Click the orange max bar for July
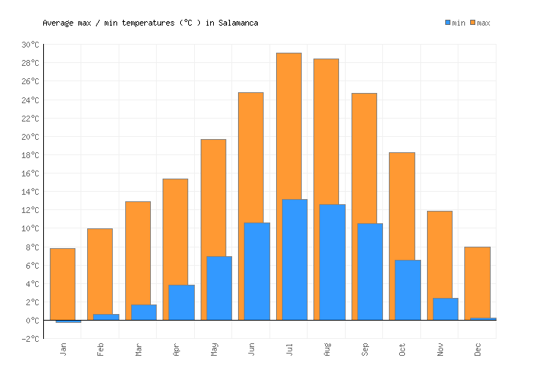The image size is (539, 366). click(x=288, y=124)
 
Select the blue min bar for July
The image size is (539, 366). click(x=294, y=260)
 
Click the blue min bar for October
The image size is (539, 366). click(x=407, y=290)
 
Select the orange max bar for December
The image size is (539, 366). click(x=477, y=282)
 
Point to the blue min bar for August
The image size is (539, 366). click(x=332, y=262)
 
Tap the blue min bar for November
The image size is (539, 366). click(x=445, y=309)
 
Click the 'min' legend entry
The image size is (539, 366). click(x=455, y=23)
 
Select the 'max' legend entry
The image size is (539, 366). click(x=480, y=23)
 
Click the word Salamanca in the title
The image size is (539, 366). click(x=238, y=23)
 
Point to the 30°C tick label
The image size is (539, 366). click(x=30, y=45)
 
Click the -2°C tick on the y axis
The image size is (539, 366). click(x=30, y=339)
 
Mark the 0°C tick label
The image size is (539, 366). click(x=32, y=321)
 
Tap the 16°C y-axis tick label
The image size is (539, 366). click(x=30, y=173)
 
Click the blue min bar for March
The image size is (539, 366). click(x=144, y=312)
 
